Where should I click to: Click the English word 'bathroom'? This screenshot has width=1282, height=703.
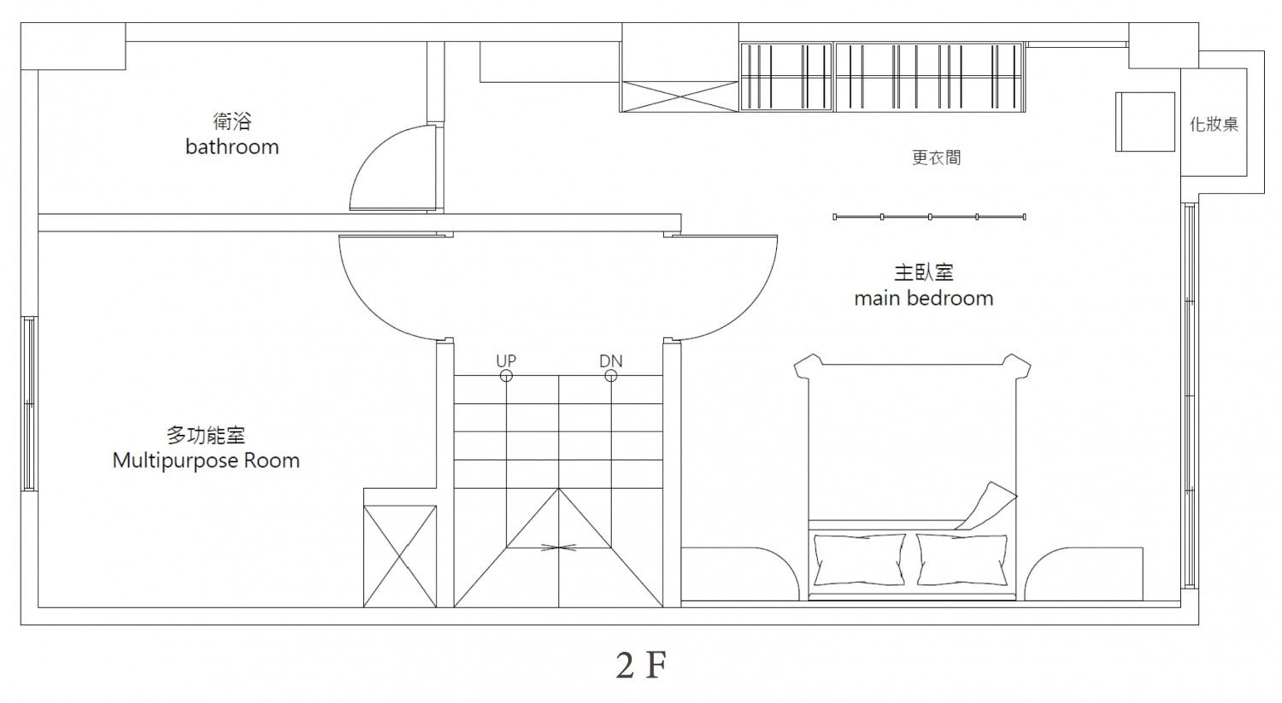tap(232, 147)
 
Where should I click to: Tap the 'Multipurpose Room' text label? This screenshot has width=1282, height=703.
tap(206, 461)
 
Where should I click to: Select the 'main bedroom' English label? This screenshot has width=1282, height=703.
tap(923, 299)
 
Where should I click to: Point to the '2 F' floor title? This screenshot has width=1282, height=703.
tap(639, 666)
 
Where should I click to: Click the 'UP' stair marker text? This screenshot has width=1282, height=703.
tap(506, 361)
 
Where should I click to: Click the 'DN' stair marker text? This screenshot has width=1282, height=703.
tap(610, 361)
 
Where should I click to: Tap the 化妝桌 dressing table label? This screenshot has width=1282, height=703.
tap(1214, 125)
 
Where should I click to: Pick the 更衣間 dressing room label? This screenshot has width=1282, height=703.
tap(936, 158)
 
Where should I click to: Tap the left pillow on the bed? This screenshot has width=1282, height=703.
tap(859, 559)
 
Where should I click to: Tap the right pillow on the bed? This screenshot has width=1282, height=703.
tap(961, 559)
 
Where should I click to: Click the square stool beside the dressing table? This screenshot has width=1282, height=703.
tap(1145, 121)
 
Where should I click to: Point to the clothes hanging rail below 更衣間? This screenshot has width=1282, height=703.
tap(929, 217)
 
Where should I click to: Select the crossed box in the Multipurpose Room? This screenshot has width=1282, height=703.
tap(400, 556)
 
